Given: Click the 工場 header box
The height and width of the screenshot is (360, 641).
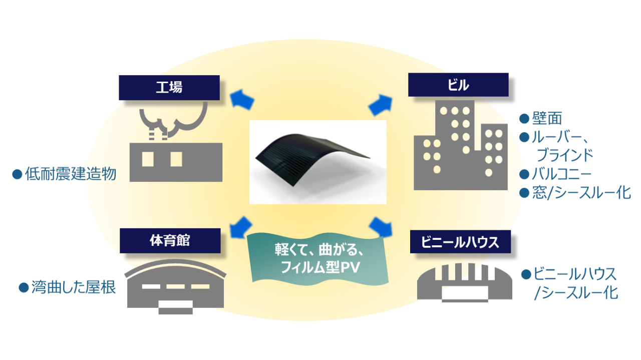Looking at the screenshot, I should point(169,88).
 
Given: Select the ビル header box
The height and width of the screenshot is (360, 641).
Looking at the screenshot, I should point(458,85).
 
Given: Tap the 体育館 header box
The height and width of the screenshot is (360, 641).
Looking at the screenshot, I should point(170,240).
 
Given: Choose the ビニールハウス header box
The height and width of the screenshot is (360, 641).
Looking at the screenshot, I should point(460,242).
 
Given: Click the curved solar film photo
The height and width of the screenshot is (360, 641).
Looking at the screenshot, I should point(318,162).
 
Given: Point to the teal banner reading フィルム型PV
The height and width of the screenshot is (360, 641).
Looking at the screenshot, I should point(318,256).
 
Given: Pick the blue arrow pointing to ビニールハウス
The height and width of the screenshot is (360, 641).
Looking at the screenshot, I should point(382,226).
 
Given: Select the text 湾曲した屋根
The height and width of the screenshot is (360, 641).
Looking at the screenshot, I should point(74,287).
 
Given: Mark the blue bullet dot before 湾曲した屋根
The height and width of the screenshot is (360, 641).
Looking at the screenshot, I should point(24,287).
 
